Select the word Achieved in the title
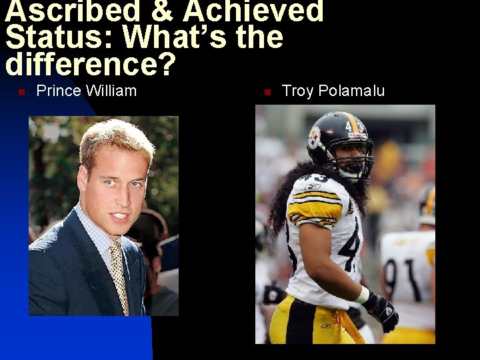pyautogui.click(x=253, y=11)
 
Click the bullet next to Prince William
pyautogui.click(x=21, y=92)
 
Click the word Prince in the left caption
pyautogui.click(x=57, y=91)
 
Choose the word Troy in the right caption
pyautogui.click(x=297, y=91)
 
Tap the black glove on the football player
pyautogui.click(x=381, y=311)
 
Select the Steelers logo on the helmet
pyautogui.click(x=314, y=137)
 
